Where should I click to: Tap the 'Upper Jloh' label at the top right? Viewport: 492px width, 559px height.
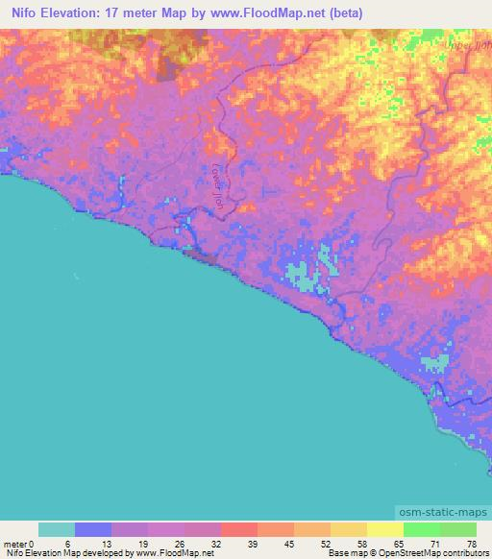pyautogui.click(x=469, y=44)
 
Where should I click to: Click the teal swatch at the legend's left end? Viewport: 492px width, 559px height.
pyautogui.click(x=57, y=529)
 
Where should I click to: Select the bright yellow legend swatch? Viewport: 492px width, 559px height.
pyautogui.click(x=385, y=529)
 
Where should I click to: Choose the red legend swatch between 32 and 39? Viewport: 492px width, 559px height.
pyautogui.click(x=239, y=529)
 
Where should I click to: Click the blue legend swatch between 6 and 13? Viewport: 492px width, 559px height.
pyautogui.click(x=93, y=529)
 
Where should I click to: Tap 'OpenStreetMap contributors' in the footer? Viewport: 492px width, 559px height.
pyautogui.click(x=434, y=553)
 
